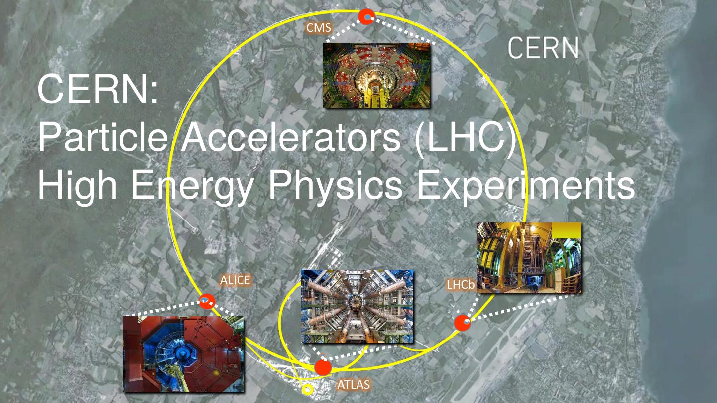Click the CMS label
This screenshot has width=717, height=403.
(318, 28)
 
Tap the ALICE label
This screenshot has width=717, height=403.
(235, 280)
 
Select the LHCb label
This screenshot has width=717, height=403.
(460, 285)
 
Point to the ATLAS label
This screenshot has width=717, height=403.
(354, 384)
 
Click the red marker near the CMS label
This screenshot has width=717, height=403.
(367, 17)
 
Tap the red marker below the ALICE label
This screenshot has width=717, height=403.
(206, 301)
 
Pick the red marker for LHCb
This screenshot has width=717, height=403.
(463, 323)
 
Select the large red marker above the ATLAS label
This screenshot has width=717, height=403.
(323, 368)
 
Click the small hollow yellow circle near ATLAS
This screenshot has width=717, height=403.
(308, 389)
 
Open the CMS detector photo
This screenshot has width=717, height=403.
(376, 75)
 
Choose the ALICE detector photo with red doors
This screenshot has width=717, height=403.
(183, 354)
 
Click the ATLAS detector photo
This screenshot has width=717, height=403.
(358, 306)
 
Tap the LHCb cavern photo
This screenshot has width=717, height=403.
(528, 257)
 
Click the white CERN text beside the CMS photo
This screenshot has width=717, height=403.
(543, 48)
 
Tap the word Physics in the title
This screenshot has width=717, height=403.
(335, 186)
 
